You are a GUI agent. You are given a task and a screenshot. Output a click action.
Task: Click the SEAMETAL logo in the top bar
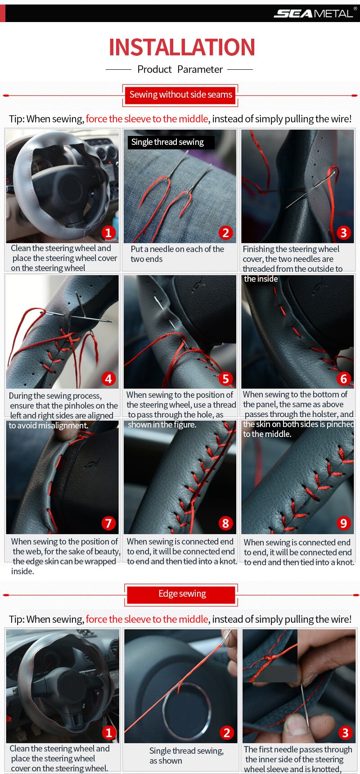tap(313, 13)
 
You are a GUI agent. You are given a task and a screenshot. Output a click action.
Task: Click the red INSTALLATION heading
tap(182, 47)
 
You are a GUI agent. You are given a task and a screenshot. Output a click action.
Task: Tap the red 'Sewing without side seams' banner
tap(181, 94)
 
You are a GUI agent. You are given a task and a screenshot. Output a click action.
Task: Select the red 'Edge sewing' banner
tap(182, 594)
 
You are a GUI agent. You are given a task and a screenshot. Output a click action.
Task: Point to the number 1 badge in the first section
tap(108, 233)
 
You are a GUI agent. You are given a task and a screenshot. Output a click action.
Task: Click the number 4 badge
tap(108, 378)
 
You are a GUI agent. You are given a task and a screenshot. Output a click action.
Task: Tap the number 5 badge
tap(226, 378)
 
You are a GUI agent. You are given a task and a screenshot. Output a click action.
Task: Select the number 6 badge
tap(344, 378)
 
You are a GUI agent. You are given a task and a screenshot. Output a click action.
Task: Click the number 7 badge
tap(108, 523)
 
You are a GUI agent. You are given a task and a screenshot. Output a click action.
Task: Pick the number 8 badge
tap(226, 523)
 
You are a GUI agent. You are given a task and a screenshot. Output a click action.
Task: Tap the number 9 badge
tap(344, 523)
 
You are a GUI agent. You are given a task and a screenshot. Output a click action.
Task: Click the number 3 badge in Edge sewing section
tap(345, 733)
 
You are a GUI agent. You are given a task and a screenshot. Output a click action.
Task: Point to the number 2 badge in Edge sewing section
tap(227, 733)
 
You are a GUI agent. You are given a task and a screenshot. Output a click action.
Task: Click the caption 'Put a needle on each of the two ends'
tap(177, 254)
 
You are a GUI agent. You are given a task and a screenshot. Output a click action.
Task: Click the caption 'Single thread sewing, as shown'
tap(186, 756)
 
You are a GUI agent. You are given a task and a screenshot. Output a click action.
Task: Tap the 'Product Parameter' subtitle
tap(180, 69)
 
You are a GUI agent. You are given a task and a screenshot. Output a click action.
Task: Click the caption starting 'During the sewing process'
tap(63, 410)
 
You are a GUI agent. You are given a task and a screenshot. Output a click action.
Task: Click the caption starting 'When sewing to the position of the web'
tap(66, 556)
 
